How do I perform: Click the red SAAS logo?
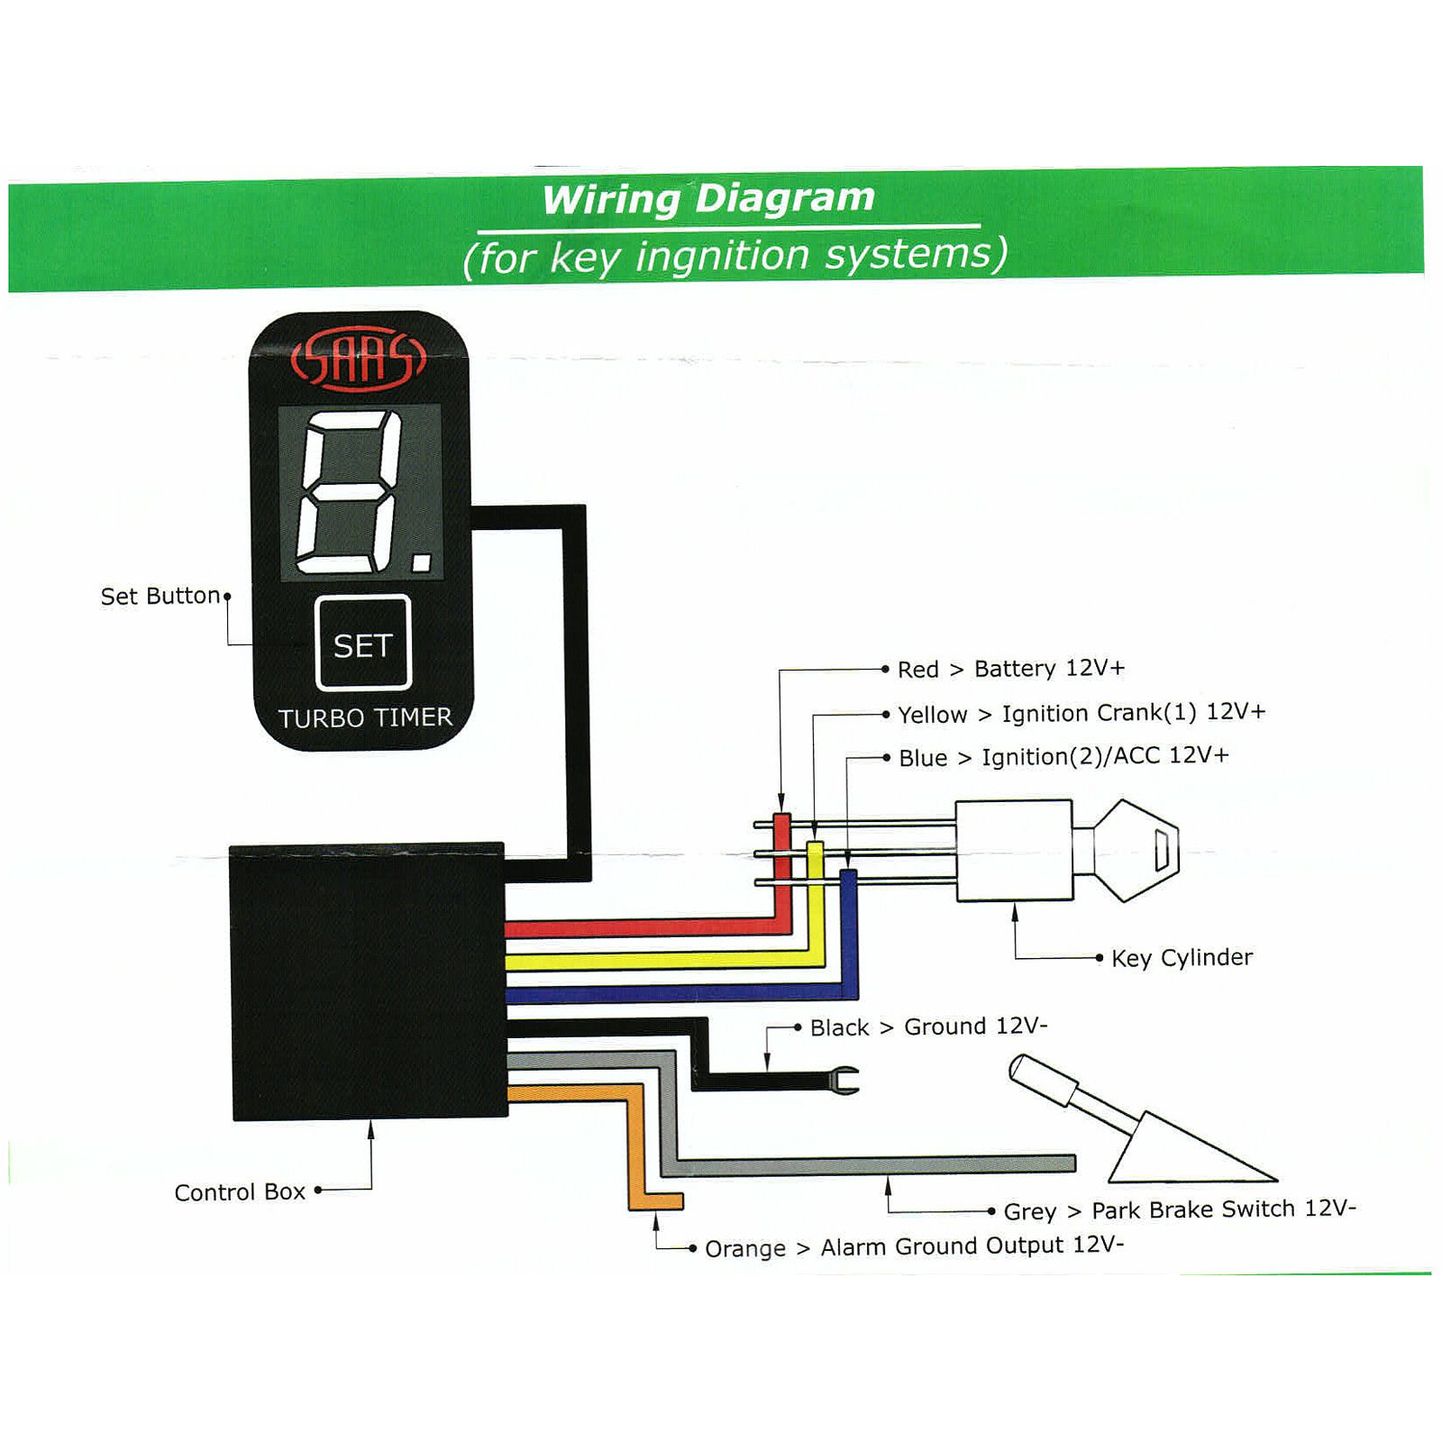358,359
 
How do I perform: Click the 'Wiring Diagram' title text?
708,198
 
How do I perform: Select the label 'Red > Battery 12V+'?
1010,669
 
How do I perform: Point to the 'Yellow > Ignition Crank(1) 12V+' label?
1081,713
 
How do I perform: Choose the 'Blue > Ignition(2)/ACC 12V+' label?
1063,756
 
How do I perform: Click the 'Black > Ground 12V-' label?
928,1027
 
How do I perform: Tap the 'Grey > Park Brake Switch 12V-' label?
1179,1209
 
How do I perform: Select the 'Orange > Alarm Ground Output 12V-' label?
914,1246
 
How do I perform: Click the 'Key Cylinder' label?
1182,957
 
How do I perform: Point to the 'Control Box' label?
240,1192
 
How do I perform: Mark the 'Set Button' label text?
160,596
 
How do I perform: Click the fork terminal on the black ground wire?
844,1080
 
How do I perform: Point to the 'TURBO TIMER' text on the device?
365,717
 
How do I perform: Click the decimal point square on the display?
421,563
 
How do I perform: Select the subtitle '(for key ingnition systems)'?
735,256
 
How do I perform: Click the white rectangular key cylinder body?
1014,850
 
